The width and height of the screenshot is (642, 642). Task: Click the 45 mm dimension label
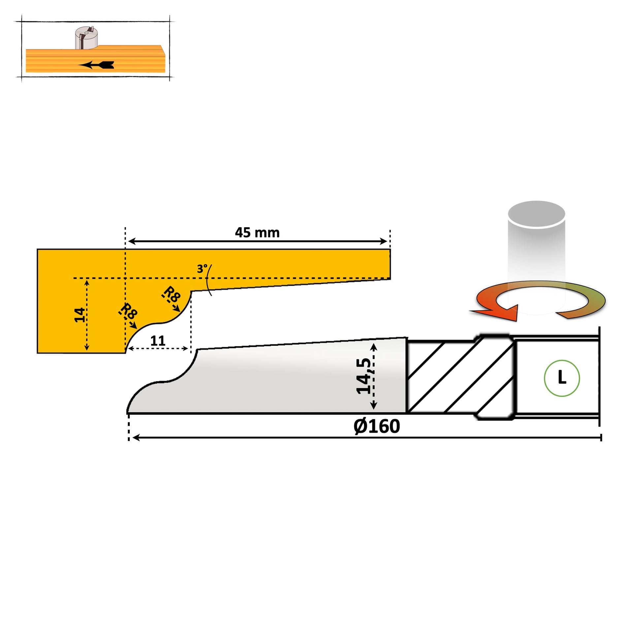pos(257,233)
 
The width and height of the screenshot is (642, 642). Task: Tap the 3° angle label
pos(202,269)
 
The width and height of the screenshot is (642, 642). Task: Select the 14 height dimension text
pos(80,315)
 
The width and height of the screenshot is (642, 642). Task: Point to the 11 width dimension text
pos(157,340)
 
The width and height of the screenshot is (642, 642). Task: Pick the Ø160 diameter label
pos(376,426)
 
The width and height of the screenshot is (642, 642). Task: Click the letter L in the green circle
pos(562,377)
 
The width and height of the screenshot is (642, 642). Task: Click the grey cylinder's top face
pos(536,214)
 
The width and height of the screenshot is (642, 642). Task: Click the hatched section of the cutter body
pos(460,377)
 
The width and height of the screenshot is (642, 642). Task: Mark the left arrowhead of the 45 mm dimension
pos(132,241)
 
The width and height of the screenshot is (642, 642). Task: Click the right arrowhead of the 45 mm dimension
pos(383,241)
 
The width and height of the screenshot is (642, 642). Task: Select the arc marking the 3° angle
pos(208,280)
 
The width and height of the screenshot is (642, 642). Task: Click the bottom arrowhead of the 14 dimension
pos(87,347)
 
